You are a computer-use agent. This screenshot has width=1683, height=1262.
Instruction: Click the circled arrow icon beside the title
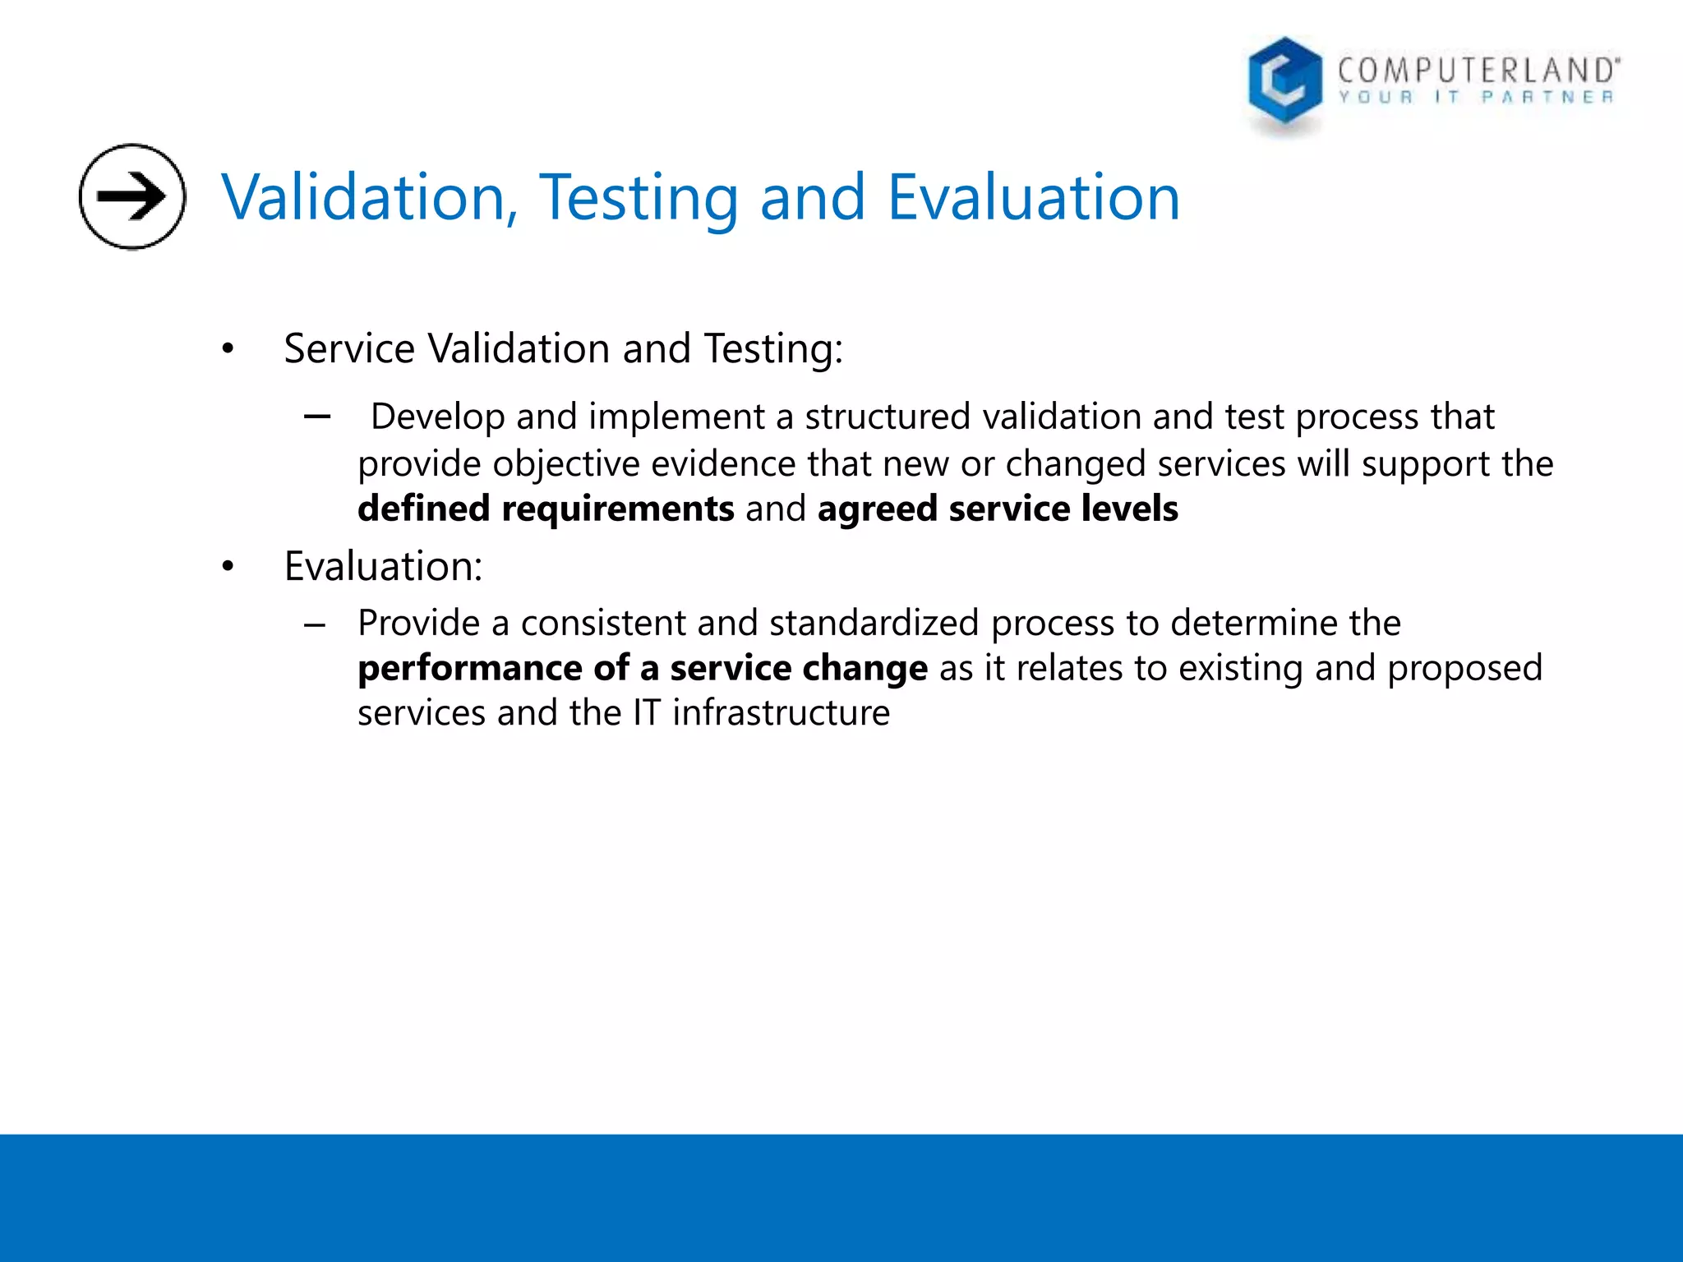click(132, 196)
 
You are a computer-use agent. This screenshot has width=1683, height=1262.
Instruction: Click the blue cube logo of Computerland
click(1284, 84)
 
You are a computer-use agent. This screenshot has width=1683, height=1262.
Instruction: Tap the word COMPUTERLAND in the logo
click(1478, 71)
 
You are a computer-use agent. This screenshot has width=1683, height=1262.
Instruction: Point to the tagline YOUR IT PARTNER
click(1476, 98)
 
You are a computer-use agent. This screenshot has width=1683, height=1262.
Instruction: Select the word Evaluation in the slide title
click(1033, 198)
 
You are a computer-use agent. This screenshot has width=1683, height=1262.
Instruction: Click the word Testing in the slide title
click(639, 198)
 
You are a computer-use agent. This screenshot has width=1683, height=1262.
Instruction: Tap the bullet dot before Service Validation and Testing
click(228, 350)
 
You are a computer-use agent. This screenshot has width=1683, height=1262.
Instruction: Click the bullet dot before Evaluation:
click(228, 567)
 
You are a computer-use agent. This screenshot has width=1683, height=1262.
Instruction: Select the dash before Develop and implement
click(316, 417)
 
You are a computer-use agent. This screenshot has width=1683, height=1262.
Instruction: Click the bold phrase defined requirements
click(546, 509)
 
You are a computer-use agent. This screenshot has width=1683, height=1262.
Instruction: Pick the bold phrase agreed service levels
click(998, 509)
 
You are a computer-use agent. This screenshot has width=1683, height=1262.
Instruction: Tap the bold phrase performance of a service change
click(643, 668)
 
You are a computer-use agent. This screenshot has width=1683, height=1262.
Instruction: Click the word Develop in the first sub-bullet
click(437, 417)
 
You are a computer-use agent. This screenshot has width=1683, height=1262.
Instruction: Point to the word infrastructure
click(781, 712)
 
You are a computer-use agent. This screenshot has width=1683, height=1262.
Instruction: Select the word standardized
click(874, 623)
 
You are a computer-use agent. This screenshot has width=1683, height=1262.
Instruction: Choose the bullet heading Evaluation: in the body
click(384, 566)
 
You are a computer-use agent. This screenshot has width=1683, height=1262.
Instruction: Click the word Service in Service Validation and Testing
click(349, 348)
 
